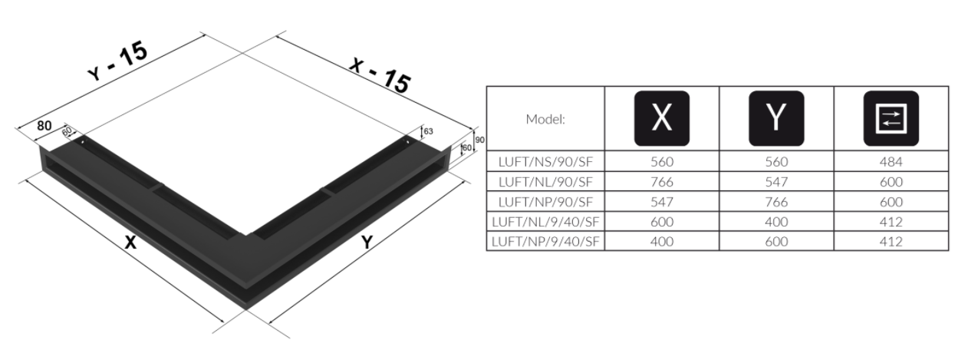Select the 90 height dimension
click(x=479, y=140)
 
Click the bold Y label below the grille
click(x=367, y=243)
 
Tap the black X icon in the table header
click(x=661, y=118)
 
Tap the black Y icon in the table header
click(x=776, y=118)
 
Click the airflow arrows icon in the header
click(x=891, y=118)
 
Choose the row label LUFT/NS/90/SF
click(x=546, y=161)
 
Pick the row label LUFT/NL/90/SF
click(x=546, y=182)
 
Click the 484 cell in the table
click(x=891, y=161)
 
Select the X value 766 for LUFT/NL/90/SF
click(x=661, y=182)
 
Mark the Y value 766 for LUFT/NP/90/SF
click(x=776, y=202)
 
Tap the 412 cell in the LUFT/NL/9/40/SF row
click(x=891, y=222)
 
